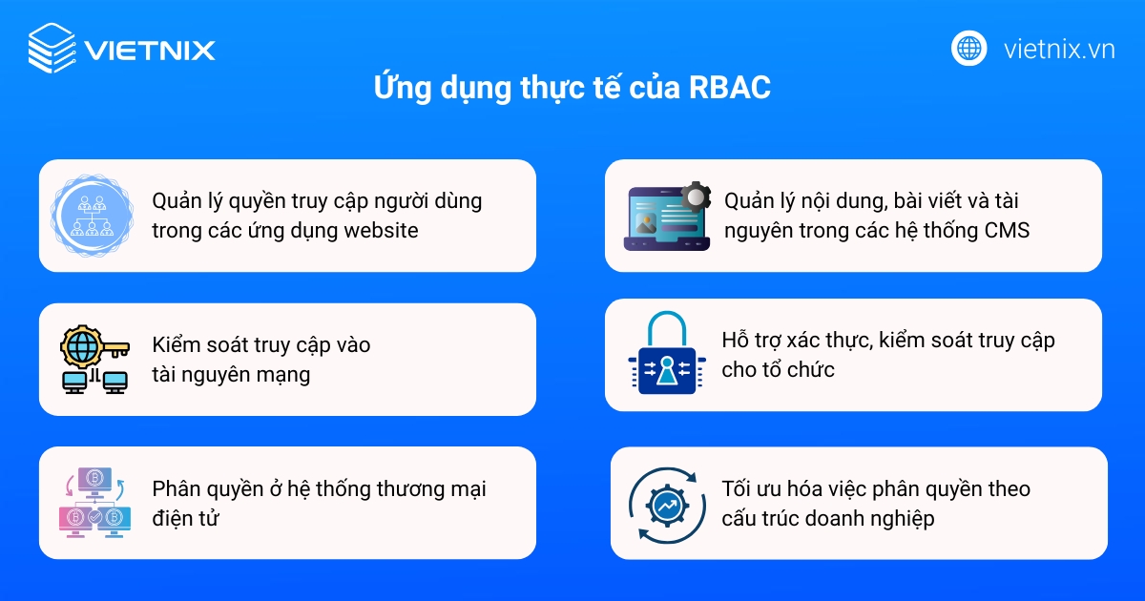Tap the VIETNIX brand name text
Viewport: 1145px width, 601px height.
coord(150,50)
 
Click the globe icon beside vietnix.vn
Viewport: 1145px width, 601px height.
coord(968,48)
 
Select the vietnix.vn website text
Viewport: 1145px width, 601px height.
coord(1059,49)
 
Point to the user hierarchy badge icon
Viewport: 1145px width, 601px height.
coord(93,216)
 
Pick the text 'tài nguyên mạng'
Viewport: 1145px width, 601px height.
coord(231,375)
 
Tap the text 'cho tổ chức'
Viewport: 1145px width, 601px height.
coord(778,370)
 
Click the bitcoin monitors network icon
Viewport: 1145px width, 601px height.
coord(93,503)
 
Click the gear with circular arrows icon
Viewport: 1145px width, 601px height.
coord(666,503)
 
